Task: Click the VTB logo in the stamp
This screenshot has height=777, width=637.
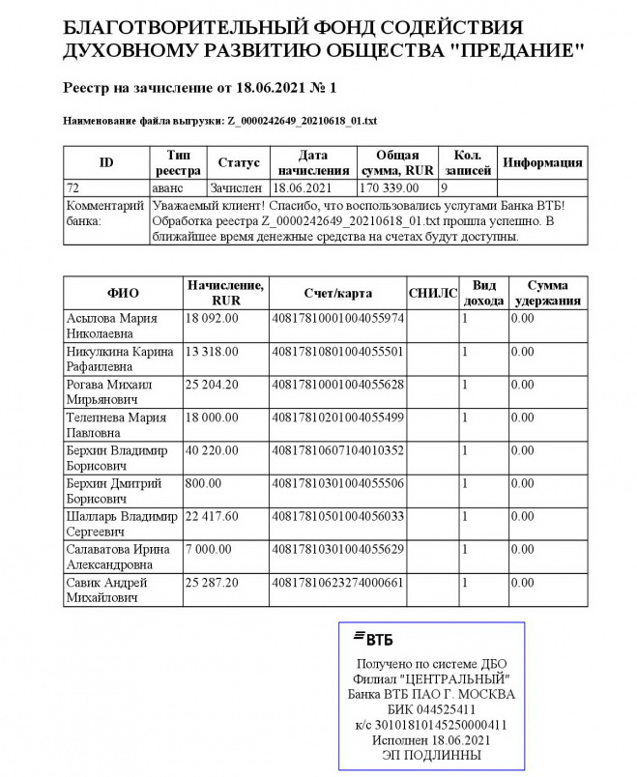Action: point(373,638)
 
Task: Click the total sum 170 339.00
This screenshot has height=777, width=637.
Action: point(389,187)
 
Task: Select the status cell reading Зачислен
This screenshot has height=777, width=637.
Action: point(238,187)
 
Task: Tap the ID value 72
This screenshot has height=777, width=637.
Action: point(72,187)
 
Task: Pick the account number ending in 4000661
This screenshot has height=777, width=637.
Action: point(337,583)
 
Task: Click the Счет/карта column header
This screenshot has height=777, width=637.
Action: point(337,293)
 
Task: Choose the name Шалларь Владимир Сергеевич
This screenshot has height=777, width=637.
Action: point(116,523)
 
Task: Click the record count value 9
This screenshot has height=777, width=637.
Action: point(445,187)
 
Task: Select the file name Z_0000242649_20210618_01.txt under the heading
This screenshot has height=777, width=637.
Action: point(302,121)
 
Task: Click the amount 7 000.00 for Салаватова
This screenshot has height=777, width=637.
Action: point(207,549)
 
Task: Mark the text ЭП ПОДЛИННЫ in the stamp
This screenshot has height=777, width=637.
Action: point(431,754)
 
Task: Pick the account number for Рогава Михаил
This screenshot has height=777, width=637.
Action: point(337,384)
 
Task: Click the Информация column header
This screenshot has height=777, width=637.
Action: point(543,162)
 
